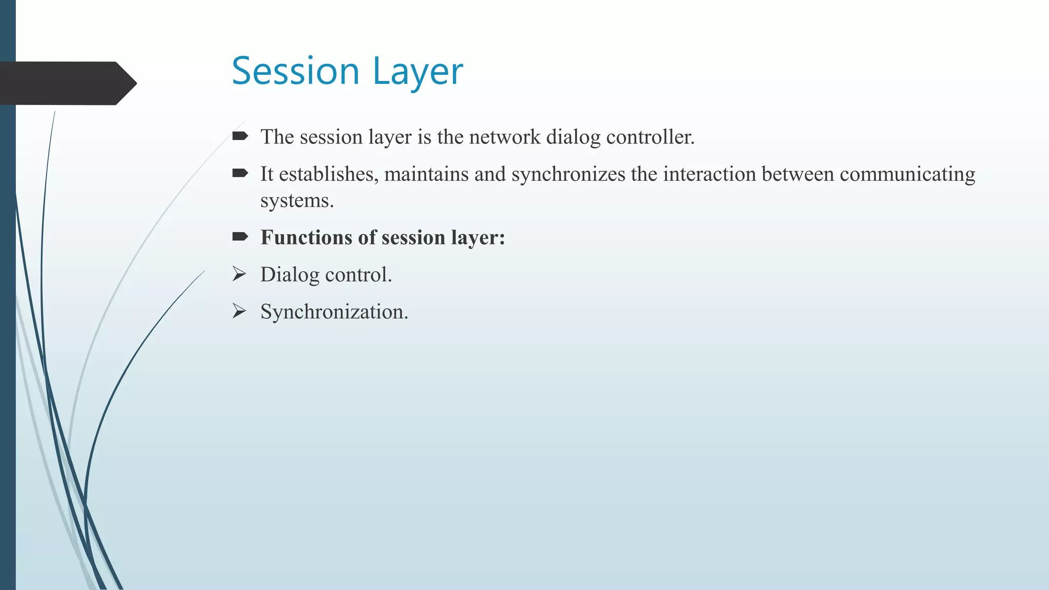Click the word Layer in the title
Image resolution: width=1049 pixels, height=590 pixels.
click(x=417, y=72)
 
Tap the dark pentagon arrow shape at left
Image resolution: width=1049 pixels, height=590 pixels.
click(x=67, y=83)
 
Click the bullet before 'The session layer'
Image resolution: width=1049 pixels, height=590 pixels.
click(x=240, y=136)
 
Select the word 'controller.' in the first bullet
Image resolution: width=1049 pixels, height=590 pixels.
click(x=650, y=137)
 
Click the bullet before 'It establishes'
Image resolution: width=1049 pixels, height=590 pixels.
click(x=240, y=174)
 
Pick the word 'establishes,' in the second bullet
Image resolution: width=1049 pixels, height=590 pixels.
click(x=329, y=174)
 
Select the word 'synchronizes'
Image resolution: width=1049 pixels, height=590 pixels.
click(x=568, y=174)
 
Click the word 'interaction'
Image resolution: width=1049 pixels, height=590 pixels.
click(x=710, y=174)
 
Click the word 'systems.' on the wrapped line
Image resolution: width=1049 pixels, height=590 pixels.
click(x=297, y=201)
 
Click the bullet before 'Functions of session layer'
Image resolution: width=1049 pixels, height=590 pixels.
click(x=240, y=237)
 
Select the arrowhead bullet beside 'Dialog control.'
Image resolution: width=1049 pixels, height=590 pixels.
click(x=239, y=274)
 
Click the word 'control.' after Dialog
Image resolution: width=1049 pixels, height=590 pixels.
click(x=359, y=275)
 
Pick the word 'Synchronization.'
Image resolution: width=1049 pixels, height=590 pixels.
click(x=334, y=311)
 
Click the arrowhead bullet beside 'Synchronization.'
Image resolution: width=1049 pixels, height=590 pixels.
click(x=239, y=311)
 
